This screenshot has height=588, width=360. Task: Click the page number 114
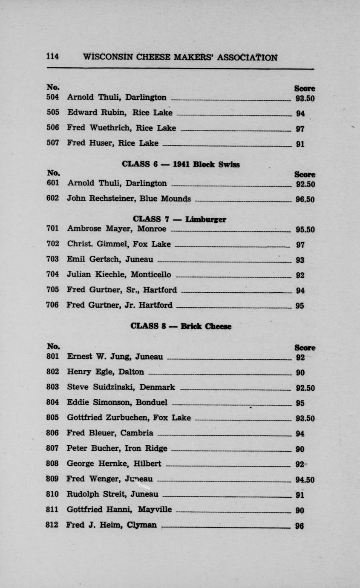[52, 57]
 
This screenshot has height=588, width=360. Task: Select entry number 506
[52, 127]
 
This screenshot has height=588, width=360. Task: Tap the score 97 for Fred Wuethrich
[300, 129]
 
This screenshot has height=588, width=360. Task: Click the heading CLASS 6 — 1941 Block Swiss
[180, 164]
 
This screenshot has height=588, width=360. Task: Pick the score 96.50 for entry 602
[305, 199]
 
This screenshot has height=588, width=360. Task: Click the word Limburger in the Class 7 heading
[206, 219]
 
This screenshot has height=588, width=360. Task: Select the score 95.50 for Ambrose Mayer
[305, 230]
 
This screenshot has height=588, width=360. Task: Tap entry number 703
[52, 259]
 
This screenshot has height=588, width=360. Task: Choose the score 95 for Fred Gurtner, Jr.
[300, 306]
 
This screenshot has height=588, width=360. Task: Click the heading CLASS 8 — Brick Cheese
[181, 327]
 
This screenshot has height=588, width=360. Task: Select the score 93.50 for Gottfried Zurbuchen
[305, 418]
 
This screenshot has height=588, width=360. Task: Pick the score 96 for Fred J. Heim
[300, 526]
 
